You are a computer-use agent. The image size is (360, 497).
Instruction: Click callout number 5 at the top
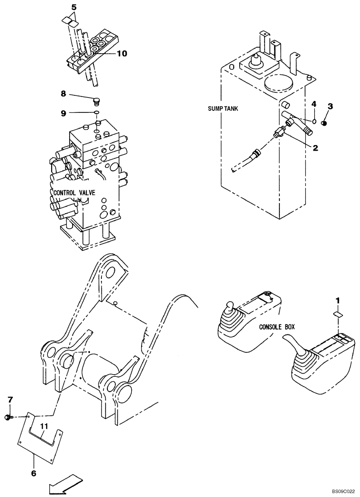pos(74,7)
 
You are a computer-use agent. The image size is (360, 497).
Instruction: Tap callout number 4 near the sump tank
pos(314,104)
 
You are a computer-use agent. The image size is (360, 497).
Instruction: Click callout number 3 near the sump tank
pos(330,106)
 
